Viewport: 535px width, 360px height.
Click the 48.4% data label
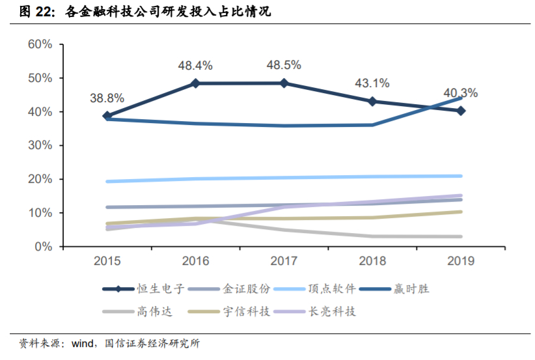(195, 65)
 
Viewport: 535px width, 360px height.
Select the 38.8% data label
(107, 98)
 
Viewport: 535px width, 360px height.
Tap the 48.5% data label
(284, 65)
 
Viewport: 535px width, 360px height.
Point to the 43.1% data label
(372, 83)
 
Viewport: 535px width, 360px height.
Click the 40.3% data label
(460, 93)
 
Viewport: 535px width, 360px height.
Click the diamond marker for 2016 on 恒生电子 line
(195, 83)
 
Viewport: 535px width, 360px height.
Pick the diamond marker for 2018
(372, 102)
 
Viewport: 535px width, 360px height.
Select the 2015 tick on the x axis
(107, 261)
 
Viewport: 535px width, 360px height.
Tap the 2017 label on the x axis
(284, 261)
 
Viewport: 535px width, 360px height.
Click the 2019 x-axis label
(461, 261)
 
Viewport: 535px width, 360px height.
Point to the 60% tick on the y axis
(40, 44)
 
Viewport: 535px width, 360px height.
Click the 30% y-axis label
(40, 145)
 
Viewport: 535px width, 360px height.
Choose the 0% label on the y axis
(43, 247)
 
